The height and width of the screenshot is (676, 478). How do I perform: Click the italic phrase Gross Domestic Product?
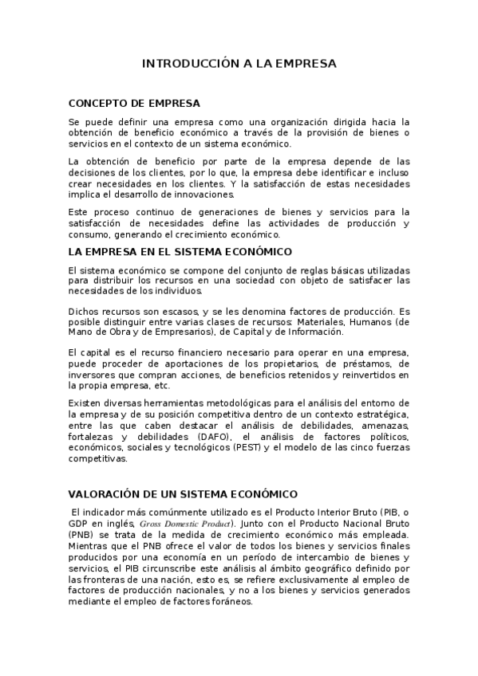(x=187, y=524)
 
